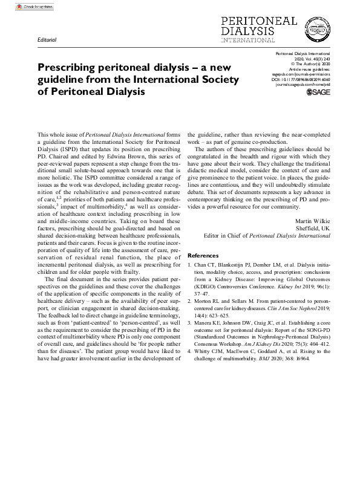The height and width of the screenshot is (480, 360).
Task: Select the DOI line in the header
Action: pyautogui.click(x=301, y=79)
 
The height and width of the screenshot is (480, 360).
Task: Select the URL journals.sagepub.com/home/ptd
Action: pyautogui.click(x=301, y=85)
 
